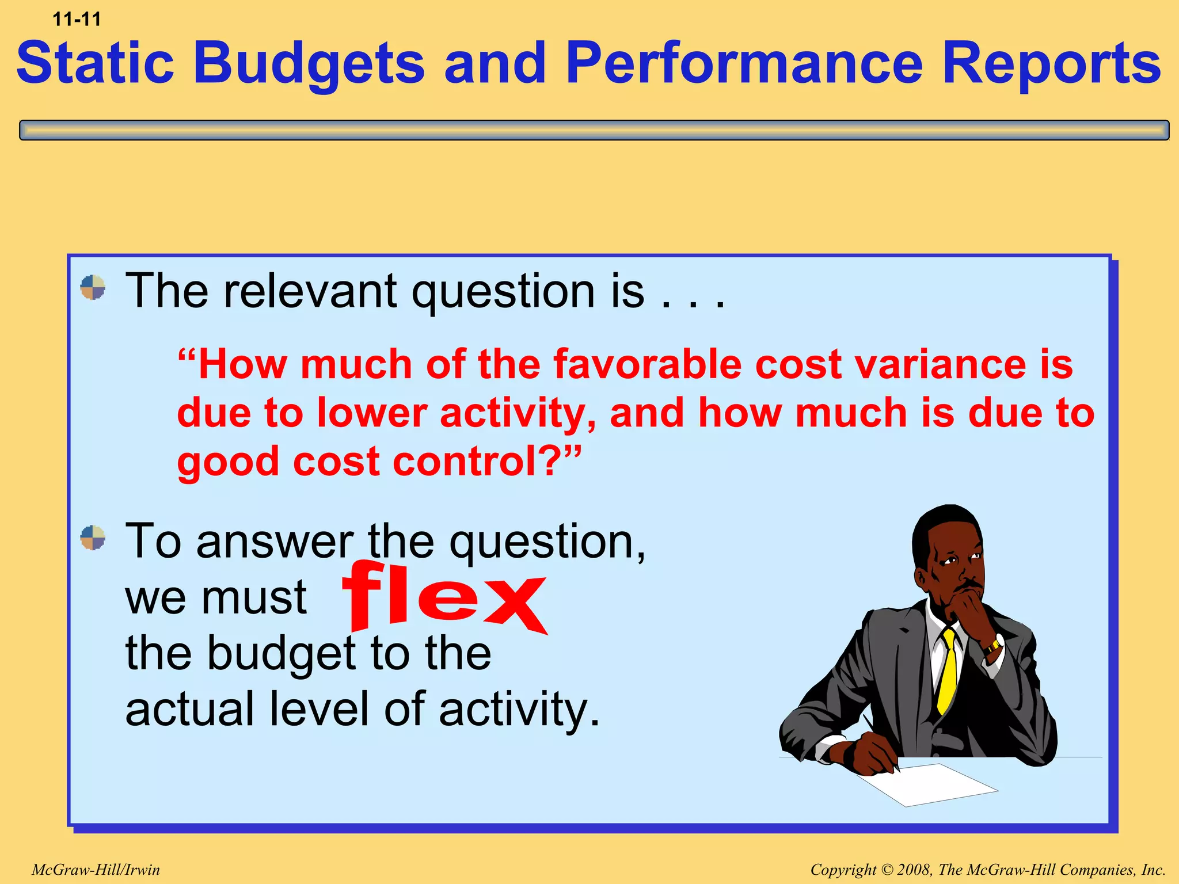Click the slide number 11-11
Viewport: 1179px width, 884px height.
[77, 20]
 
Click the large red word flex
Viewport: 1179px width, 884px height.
[443, 599]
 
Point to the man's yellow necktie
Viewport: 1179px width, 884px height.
[948, 673]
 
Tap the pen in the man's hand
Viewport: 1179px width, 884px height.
[881, 742]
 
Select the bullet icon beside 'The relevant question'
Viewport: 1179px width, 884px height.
[93, 287]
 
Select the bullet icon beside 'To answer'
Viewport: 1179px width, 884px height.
[93, 538]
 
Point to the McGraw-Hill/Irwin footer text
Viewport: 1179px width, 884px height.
[96, 870]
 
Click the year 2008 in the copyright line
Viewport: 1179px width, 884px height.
[915, 870]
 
